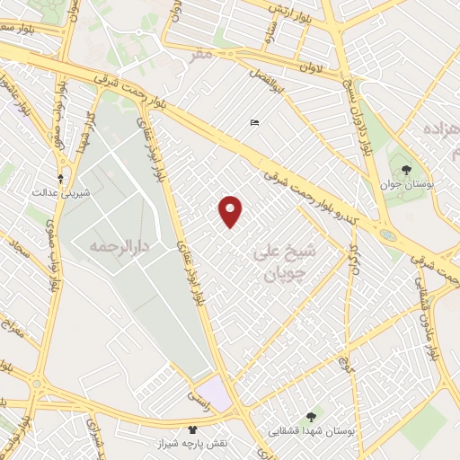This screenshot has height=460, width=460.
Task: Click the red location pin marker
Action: coord(231,210)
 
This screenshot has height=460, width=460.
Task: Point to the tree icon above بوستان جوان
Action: coord(406,168)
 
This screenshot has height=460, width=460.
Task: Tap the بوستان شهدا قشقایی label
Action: coord(312,430)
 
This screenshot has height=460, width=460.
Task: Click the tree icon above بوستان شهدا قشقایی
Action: coord(312,416)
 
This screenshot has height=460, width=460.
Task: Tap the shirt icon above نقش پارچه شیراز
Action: coord(191,429)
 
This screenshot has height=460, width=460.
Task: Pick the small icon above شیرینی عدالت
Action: coord(60,178)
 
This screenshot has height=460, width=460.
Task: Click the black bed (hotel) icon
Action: coord(255,123)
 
